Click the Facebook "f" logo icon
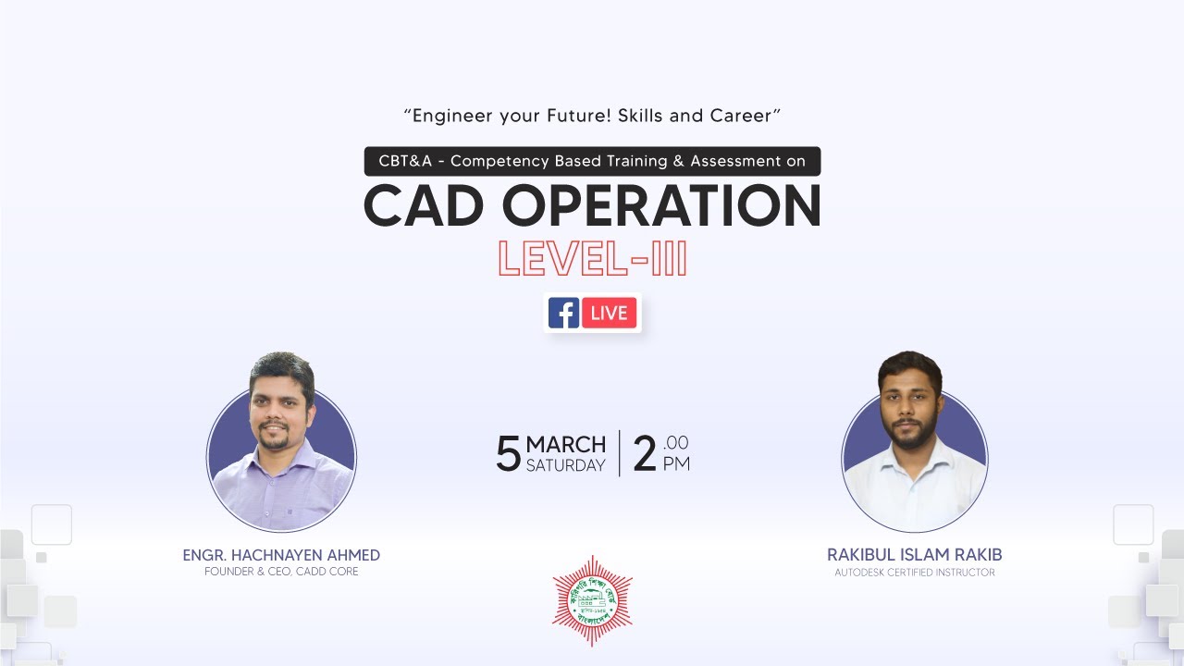pyautogui.click(x=563, y=313)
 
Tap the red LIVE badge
pyautogui.click(x=609, y=313)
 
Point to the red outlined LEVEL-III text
pyautogui.click(x=592, y=259)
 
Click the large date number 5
pyautogui.click(x=508, y=454)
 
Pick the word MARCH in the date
pyautogui.click(x=565, y=444)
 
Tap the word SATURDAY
pyautogui.click(x=565, y=465)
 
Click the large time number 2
pyautogui.click(x=645, y=454)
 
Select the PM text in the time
pyautogui.click(x=676, y=464)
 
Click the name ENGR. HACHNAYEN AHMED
pyautogui.click(x=281, y=555)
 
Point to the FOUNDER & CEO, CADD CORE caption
pyautogui.click(x=281, y=572)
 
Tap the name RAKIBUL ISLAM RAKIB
pyautogui.click(x=914, y=555)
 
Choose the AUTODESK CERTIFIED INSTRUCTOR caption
pyautogui.click(x=914, y=573)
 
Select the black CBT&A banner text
pyautogui.click(x=592, y=161)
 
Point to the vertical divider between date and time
pyautogui.click(x=620, y=453)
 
